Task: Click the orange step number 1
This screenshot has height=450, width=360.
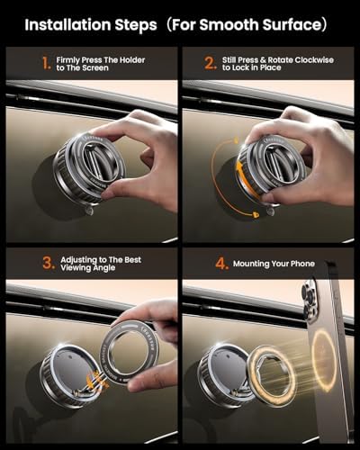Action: click(46, 63)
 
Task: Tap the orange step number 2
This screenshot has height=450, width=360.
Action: click(211, 63)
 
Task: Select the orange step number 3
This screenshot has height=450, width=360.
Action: click(49, 263)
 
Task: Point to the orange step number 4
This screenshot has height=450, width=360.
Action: click(222, 264)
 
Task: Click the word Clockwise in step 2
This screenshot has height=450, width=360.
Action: click(314, 60)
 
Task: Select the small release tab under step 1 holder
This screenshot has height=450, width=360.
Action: click(89, 211)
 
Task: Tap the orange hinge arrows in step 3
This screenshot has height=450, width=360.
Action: click(97, 380)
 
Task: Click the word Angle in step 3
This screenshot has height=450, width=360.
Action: click(104, 268)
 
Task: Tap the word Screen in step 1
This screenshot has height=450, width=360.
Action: click(95, 68)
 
